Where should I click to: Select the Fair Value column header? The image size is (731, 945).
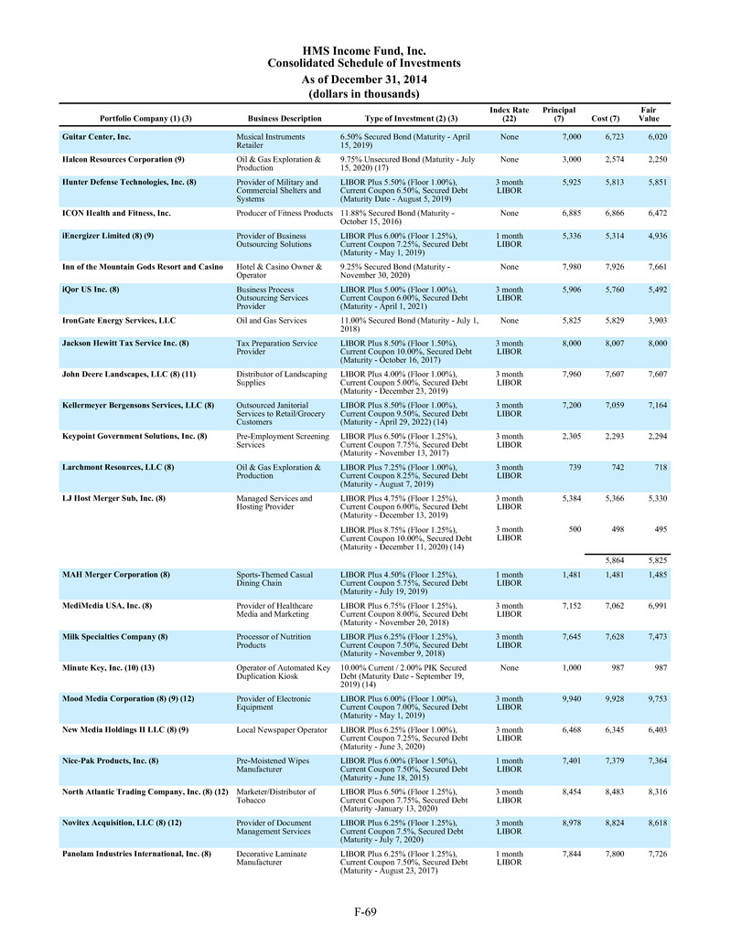(648, 114)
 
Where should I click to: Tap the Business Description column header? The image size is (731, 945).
(285, 119)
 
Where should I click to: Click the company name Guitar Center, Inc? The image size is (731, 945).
(96, 136)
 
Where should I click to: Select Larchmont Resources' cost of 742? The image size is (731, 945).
(614, 467)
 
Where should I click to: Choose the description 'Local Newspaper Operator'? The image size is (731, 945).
(281, 730)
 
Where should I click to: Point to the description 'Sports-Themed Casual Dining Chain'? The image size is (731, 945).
(274, 580)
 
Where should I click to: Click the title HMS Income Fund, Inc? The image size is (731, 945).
(364, 50)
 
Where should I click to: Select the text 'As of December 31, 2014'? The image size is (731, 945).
(364, 79)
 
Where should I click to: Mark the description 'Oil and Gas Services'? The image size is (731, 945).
(272, 321)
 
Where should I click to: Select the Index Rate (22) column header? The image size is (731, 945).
(510, 114)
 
